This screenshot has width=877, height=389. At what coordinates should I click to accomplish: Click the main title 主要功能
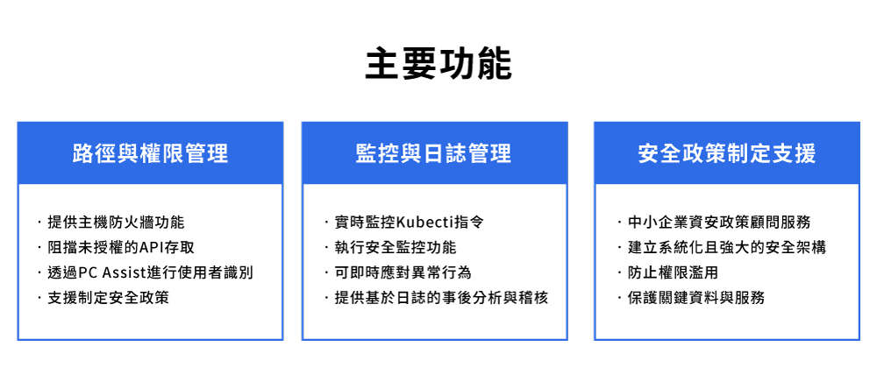[438, 64]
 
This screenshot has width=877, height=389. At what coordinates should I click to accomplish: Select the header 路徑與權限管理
[150, 152]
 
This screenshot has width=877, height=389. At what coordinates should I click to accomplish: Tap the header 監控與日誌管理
[434, 152]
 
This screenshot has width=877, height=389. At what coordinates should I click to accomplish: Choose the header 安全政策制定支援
[726, 152]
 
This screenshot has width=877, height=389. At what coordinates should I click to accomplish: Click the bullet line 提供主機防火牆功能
[116, 223]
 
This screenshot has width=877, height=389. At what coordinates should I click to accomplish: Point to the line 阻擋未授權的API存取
[121, 248]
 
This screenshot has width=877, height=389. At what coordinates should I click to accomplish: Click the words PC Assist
[111, 272]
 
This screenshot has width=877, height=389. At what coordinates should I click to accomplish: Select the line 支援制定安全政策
[109, 298]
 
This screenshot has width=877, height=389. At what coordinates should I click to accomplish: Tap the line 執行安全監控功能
[396, 248]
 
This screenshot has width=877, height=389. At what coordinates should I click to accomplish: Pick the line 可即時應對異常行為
[403, 272]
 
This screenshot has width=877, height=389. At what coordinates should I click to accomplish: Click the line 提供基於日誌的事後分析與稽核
[441, 298]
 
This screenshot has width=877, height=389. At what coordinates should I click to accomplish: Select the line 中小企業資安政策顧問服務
[719, 223]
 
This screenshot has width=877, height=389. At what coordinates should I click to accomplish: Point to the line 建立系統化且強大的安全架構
[726, 248]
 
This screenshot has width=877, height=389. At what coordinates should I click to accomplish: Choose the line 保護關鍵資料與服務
[695, 298]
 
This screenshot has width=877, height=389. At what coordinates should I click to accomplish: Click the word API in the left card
[148, 248]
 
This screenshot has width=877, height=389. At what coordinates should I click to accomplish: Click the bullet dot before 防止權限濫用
[619, 272]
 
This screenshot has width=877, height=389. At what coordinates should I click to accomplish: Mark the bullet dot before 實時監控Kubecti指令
[326, 223]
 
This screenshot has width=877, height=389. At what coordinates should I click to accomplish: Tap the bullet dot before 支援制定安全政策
[39, 298]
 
